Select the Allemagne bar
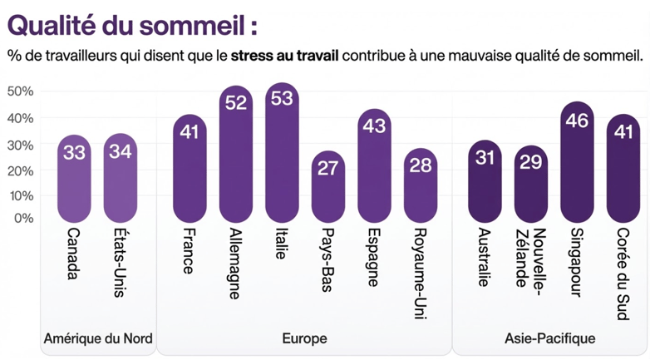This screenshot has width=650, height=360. pyautogui.click(x=236, y=154)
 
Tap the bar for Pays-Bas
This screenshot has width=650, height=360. pyautogui.click(x=328, y=187)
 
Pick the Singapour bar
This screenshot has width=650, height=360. pyautogui.click(x=577, y=162)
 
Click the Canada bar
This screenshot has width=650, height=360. pyautogui.click(x=74, y=178)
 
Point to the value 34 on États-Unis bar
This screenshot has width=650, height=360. pyautogui.click(x=120, y=152)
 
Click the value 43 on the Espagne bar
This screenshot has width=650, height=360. pyautogui.click(x=375, y=126)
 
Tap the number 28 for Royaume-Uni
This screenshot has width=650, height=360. pyautogui.click(x=421, y=165)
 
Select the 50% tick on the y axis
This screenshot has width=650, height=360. pyautogui.click(x=20, y=91)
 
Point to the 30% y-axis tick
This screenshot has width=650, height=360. pyautogui.click(x=20, y=145)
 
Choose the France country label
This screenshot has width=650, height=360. pyautogui.click(x=189, y=251)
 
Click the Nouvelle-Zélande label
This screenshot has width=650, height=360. pyautogui.click(x=529, y=257)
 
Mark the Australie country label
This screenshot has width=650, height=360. pyautogui.click(x=484, y=257)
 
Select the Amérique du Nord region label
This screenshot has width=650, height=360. pyautogui.click(x=97, y=338)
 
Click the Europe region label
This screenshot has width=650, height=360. pyautogui.click(x=304, y=338)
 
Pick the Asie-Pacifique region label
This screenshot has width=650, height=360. pyautogui.click(x=549, y=338)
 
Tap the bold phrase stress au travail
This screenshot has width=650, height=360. pyautogui.click(x=286, y=57)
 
